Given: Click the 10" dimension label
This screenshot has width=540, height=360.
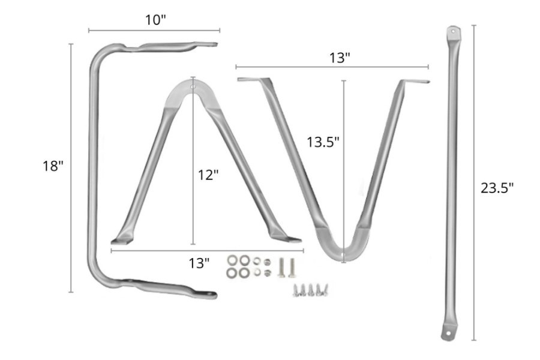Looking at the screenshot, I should click(x=155, y=20).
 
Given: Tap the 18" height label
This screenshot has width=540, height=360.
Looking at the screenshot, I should click(x=53, y=166).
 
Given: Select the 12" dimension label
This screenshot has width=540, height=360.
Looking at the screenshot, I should click(x=208, y=175).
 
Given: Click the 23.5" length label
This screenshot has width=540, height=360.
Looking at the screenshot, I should click(x=497, y=188).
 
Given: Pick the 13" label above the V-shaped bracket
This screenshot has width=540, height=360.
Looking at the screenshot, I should click(x=340, y=58).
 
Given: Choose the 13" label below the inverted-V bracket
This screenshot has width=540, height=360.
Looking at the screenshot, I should click(x=199, y=262).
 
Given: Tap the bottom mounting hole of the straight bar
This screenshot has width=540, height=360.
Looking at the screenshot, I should click(x=447, y=334).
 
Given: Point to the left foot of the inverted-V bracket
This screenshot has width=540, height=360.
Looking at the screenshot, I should click(x=122, y=238).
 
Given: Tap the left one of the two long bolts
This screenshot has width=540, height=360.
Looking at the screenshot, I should click(x=281, y=266).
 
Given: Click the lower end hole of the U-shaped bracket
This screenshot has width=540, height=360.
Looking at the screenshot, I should click(x=211, y=294).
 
